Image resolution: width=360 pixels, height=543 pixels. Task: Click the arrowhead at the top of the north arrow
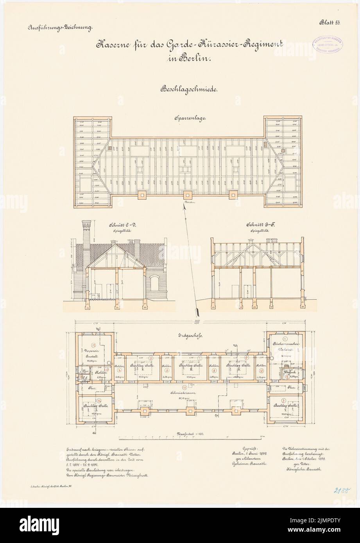183,209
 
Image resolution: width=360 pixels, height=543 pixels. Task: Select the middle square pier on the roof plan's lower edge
188,194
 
